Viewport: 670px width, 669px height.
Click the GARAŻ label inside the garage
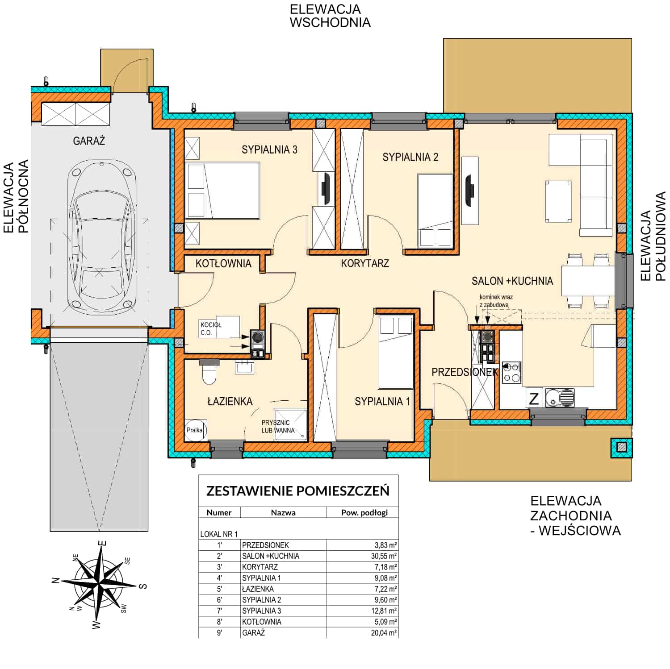pyautogui.click(x=89, y=141)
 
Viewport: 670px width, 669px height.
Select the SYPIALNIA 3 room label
pyautogui.click(x=269, y=150)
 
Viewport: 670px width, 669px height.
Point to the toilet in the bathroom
pyautogui.click(x=209, y=372)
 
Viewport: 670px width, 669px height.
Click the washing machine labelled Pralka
pyautogui.click(x=195, y=430)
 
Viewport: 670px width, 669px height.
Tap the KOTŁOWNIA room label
pyautogui.click(x=223, y=263)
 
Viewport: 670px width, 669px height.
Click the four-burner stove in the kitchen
pyautogui.click(x=511, y=373)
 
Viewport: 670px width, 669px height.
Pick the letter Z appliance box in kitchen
pyautogui.click(x=534, y=398)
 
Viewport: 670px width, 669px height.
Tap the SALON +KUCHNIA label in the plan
pyautogui.click(x=512, y=281)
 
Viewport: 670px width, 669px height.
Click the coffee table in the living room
pyautogui.click(x=558, y=201)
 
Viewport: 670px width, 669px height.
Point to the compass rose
pyautogui.click(x=101, y=583)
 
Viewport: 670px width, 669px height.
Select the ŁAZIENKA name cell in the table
pyautogui.click(x=258, y=589)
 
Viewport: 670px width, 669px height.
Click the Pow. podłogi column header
pyautogui.click(x=364, y=512)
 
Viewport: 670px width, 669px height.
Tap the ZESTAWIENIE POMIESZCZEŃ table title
pyautogui.click(x=298, y=491)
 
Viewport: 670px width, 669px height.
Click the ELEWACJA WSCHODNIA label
pyautogui.click(x=330, y=16)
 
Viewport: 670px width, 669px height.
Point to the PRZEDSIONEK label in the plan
pyautogui.click(x=465, y=372)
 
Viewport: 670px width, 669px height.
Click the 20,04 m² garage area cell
pyautogui.click(x=384, y=633)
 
